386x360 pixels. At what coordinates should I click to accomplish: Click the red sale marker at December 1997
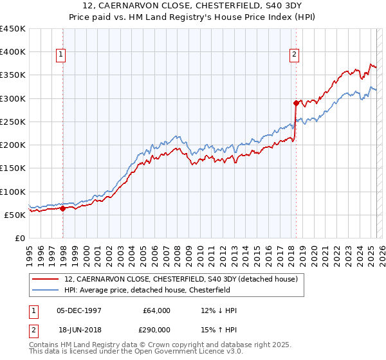tap(63, 208)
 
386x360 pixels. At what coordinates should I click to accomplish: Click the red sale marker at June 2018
tap(296, 103)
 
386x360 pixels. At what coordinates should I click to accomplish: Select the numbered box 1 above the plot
tap(60, 55)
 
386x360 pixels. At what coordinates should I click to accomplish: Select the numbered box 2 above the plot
tap(293, 55)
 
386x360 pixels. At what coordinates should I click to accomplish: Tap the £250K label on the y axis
tap(13, 122)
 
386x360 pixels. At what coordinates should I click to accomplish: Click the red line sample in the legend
tap(46, 280)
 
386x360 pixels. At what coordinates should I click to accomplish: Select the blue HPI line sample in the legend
tap(46, 290)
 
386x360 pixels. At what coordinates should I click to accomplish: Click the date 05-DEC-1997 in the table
tap(79, 310)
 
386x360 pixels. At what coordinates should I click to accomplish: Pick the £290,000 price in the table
tap(156, 328)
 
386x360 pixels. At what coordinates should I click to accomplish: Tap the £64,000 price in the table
tap(156, 310)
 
